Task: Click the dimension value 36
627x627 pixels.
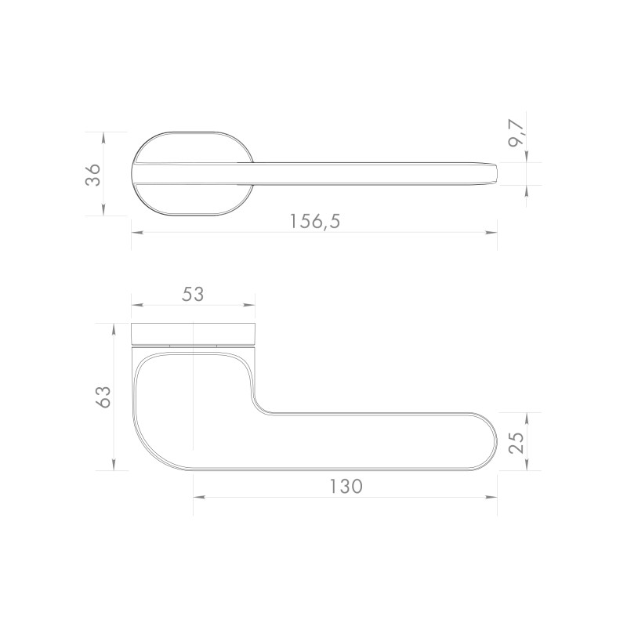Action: [x=93, y=174]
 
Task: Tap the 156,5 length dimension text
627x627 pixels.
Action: [x=315, y=222]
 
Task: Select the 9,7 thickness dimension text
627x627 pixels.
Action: [x=516, y=133]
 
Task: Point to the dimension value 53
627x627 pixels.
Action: [x=193, y=295]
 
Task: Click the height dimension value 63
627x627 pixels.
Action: [x=104, y=397]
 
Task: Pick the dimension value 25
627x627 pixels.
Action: [x=516, y=443]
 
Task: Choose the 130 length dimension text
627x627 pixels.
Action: [x=346, y=487]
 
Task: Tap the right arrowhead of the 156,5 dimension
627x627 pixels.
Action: [x=491, y=232]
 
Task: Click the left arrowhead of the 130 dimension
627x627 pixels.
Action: [x=199, y=498]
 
